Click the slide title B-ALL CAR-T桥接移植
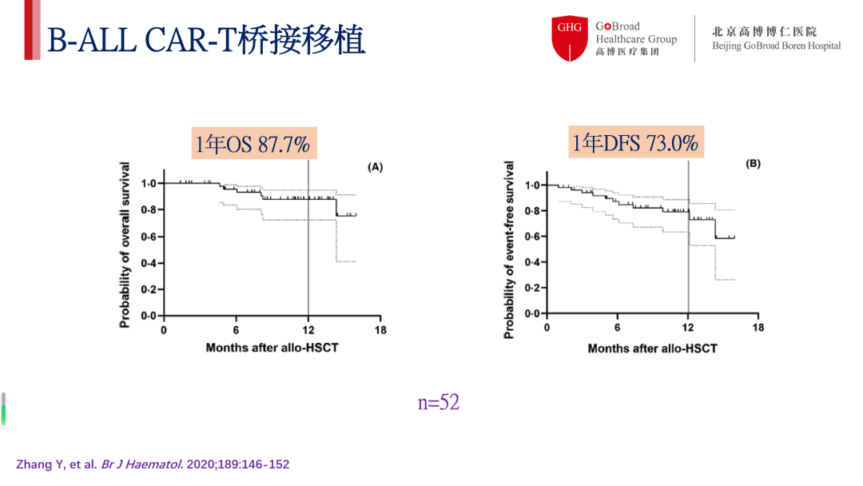[x=206, y=40]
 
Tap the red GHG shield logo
[x=570, y=38]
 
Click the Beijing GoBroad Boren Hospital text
[x=776, y=46]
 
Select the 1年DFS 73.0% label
[x=635, y=143]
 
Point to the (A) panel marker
[x=375, y=167]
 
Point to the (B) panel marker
[x=753, y=164]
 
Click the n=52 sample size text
[x=439, y=402]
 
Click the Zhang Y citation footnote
[x=153, y=464]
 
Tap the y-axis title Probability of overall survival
[x=125, y=244]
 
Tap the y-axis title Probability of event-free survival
[x=509, y=249]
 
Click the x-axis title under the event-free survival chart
[x=652, y=349]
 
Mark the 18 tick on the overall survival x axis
[x=380, y=329]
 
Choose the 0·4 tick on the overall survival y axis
[x=148, y=263]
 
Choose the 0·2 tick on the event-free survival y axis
[x=532, y=288]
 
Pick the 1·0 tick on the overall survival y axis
[x=148, y=183]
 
